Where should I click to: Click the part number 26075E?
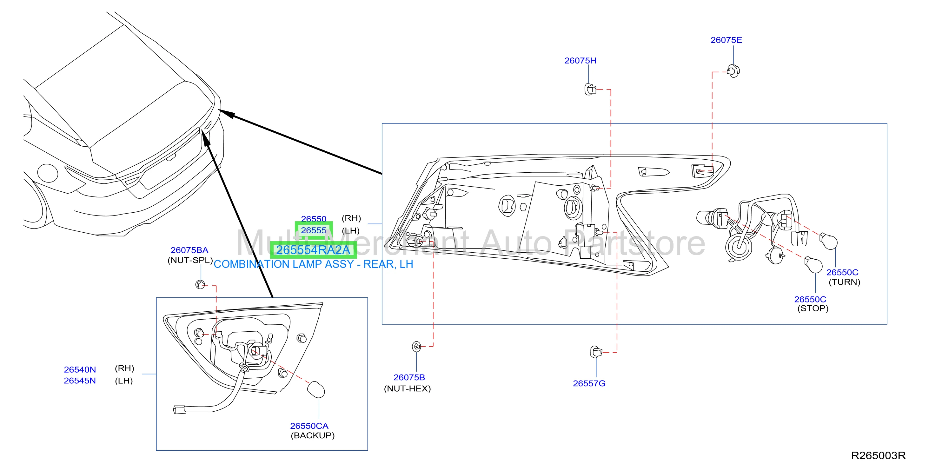coord(726,40)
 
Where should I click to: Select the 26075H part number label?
coord(580,61)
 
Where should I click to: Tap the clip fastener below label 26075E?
coord(733,71)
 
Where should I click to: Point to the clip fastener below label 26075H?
coord(590,89)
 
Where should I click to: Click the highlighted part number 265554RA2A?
coord(313,250)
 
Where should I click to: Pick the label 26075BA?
coord(189,250)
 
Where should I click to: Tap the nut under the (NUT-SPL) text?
coord(200,284)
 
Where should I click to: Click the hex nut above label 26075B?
coord(416,346)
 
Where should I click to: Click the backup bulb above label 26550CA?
coord(315,390)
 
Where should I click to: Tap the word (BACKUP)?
coord(313,435)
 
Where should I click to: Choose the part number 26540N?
coord(80,370)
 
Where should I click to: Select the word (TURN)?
coord(844,282)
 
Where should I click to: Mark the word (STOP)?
coord(813,308)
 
